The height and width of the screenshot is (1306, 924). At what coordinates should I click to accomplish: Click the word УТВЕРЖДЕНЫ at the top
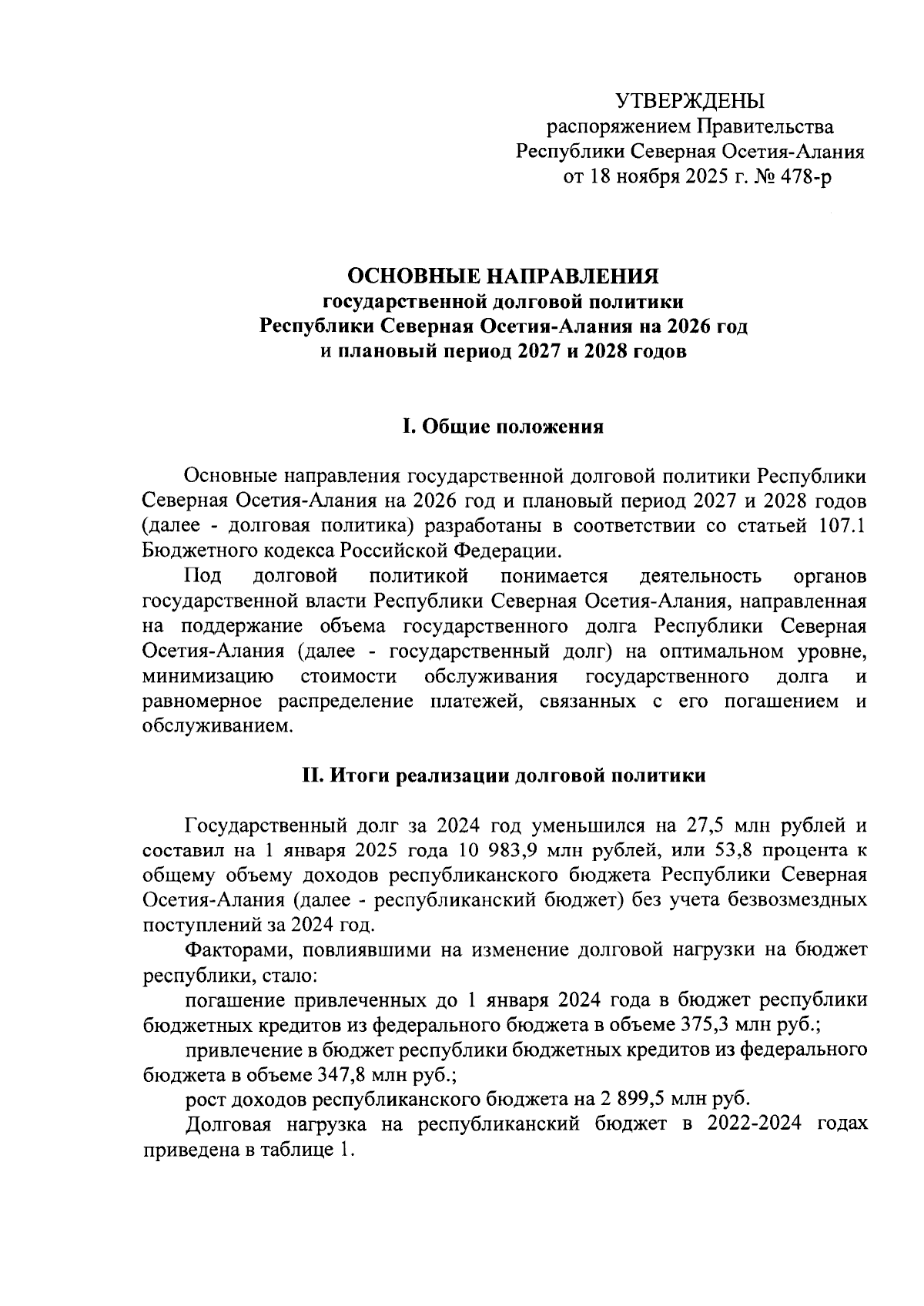(x=689, y=101)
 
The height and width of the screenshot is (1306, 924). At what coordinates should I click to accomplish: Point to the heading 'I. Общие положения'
(x=504, y=427)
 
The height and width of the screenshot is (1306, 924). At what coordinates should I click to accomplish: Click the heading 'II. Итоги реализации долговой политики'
(x=504, y=775)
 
